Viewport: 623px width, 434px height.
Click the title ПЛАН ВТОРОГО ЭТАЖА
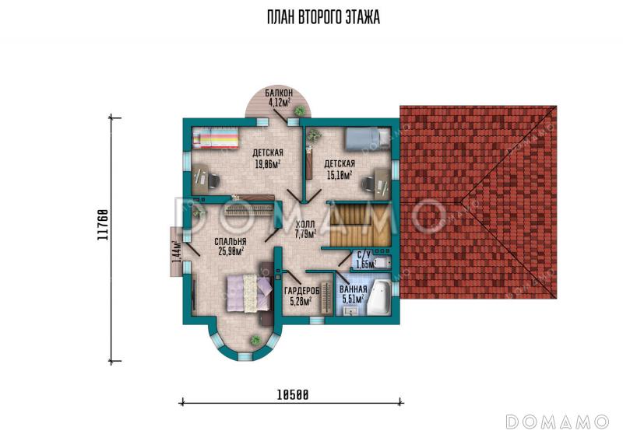pos(323,17)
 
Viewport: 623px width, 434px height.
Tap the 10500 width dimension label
pos(293,395)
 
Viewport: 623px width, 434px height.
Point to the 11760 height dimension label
pos(102,225)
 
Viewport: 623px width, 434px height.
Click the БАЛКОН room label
pos(279,93)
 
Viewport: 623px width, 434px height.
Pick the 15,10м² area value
pos(340,174)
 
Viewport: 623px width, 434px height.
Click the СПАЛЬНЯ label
pos(231,242)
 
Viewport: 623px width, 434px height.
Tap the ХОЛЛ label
pos(305,225)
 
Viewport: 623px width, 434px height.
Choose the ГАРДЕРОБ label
pos(302,292)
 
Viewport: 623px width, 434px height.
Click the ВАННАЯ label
pos(354,289)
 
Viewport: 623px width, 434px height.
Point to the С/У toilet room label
pos(364,254)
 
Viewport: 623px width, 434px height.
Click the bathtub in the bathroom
pos(378,297)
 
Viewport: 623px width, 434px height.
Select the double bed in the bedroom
pos(249,293)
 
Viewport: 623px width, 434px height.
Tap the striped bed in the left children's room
pos(216,140)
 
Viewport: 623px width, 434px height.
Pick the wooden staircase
pos(361,225)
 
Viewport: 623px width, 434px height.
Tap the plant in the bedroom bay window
pos(255,340)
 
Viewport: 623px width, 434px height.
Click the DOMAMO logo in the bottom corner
pos(558,422)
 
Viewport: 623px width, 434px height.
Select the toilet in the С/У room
pos(382,263)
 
